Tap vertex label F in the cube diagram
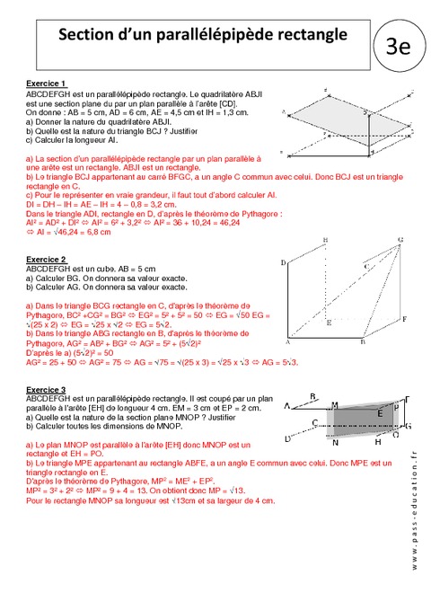pos(405,319)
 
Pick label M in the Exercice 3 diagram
pos(334,405)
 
